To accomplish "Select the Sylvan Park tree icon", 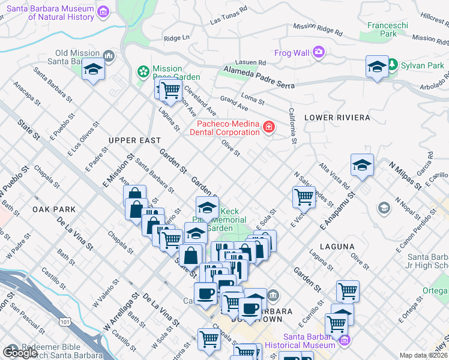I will (393, 64).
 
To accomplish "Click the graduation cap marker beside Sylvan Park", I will (376, 67).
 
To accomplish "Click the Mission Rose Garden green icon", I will (143, 73).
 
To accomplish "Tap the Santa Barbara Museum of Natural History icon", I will (103, 12).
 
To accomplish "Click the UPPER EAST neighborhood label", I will (134, 140).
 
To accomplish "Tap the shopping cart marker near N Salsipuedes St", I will (304, 196).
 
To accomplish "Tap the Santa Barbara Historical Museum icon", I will (344, 341).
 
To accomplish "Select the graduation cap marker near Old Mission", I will (93, 70).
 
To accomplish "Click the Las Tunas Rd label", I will (229, 16).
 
